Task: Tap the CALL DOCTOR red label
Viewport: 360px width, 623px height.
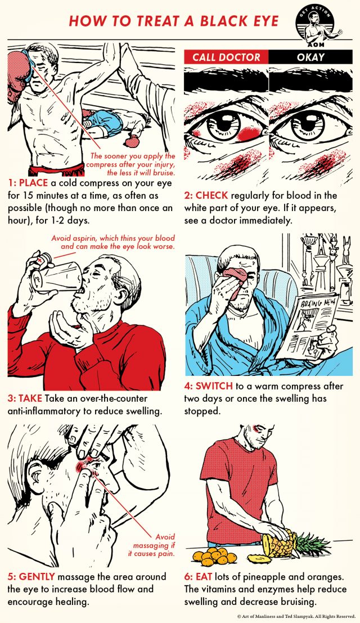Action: point(226,57)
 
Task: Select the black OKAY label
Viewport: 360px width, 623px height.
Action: point(311,57)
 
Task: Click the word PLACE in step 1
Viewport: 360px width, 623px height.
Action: point(37,183)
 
